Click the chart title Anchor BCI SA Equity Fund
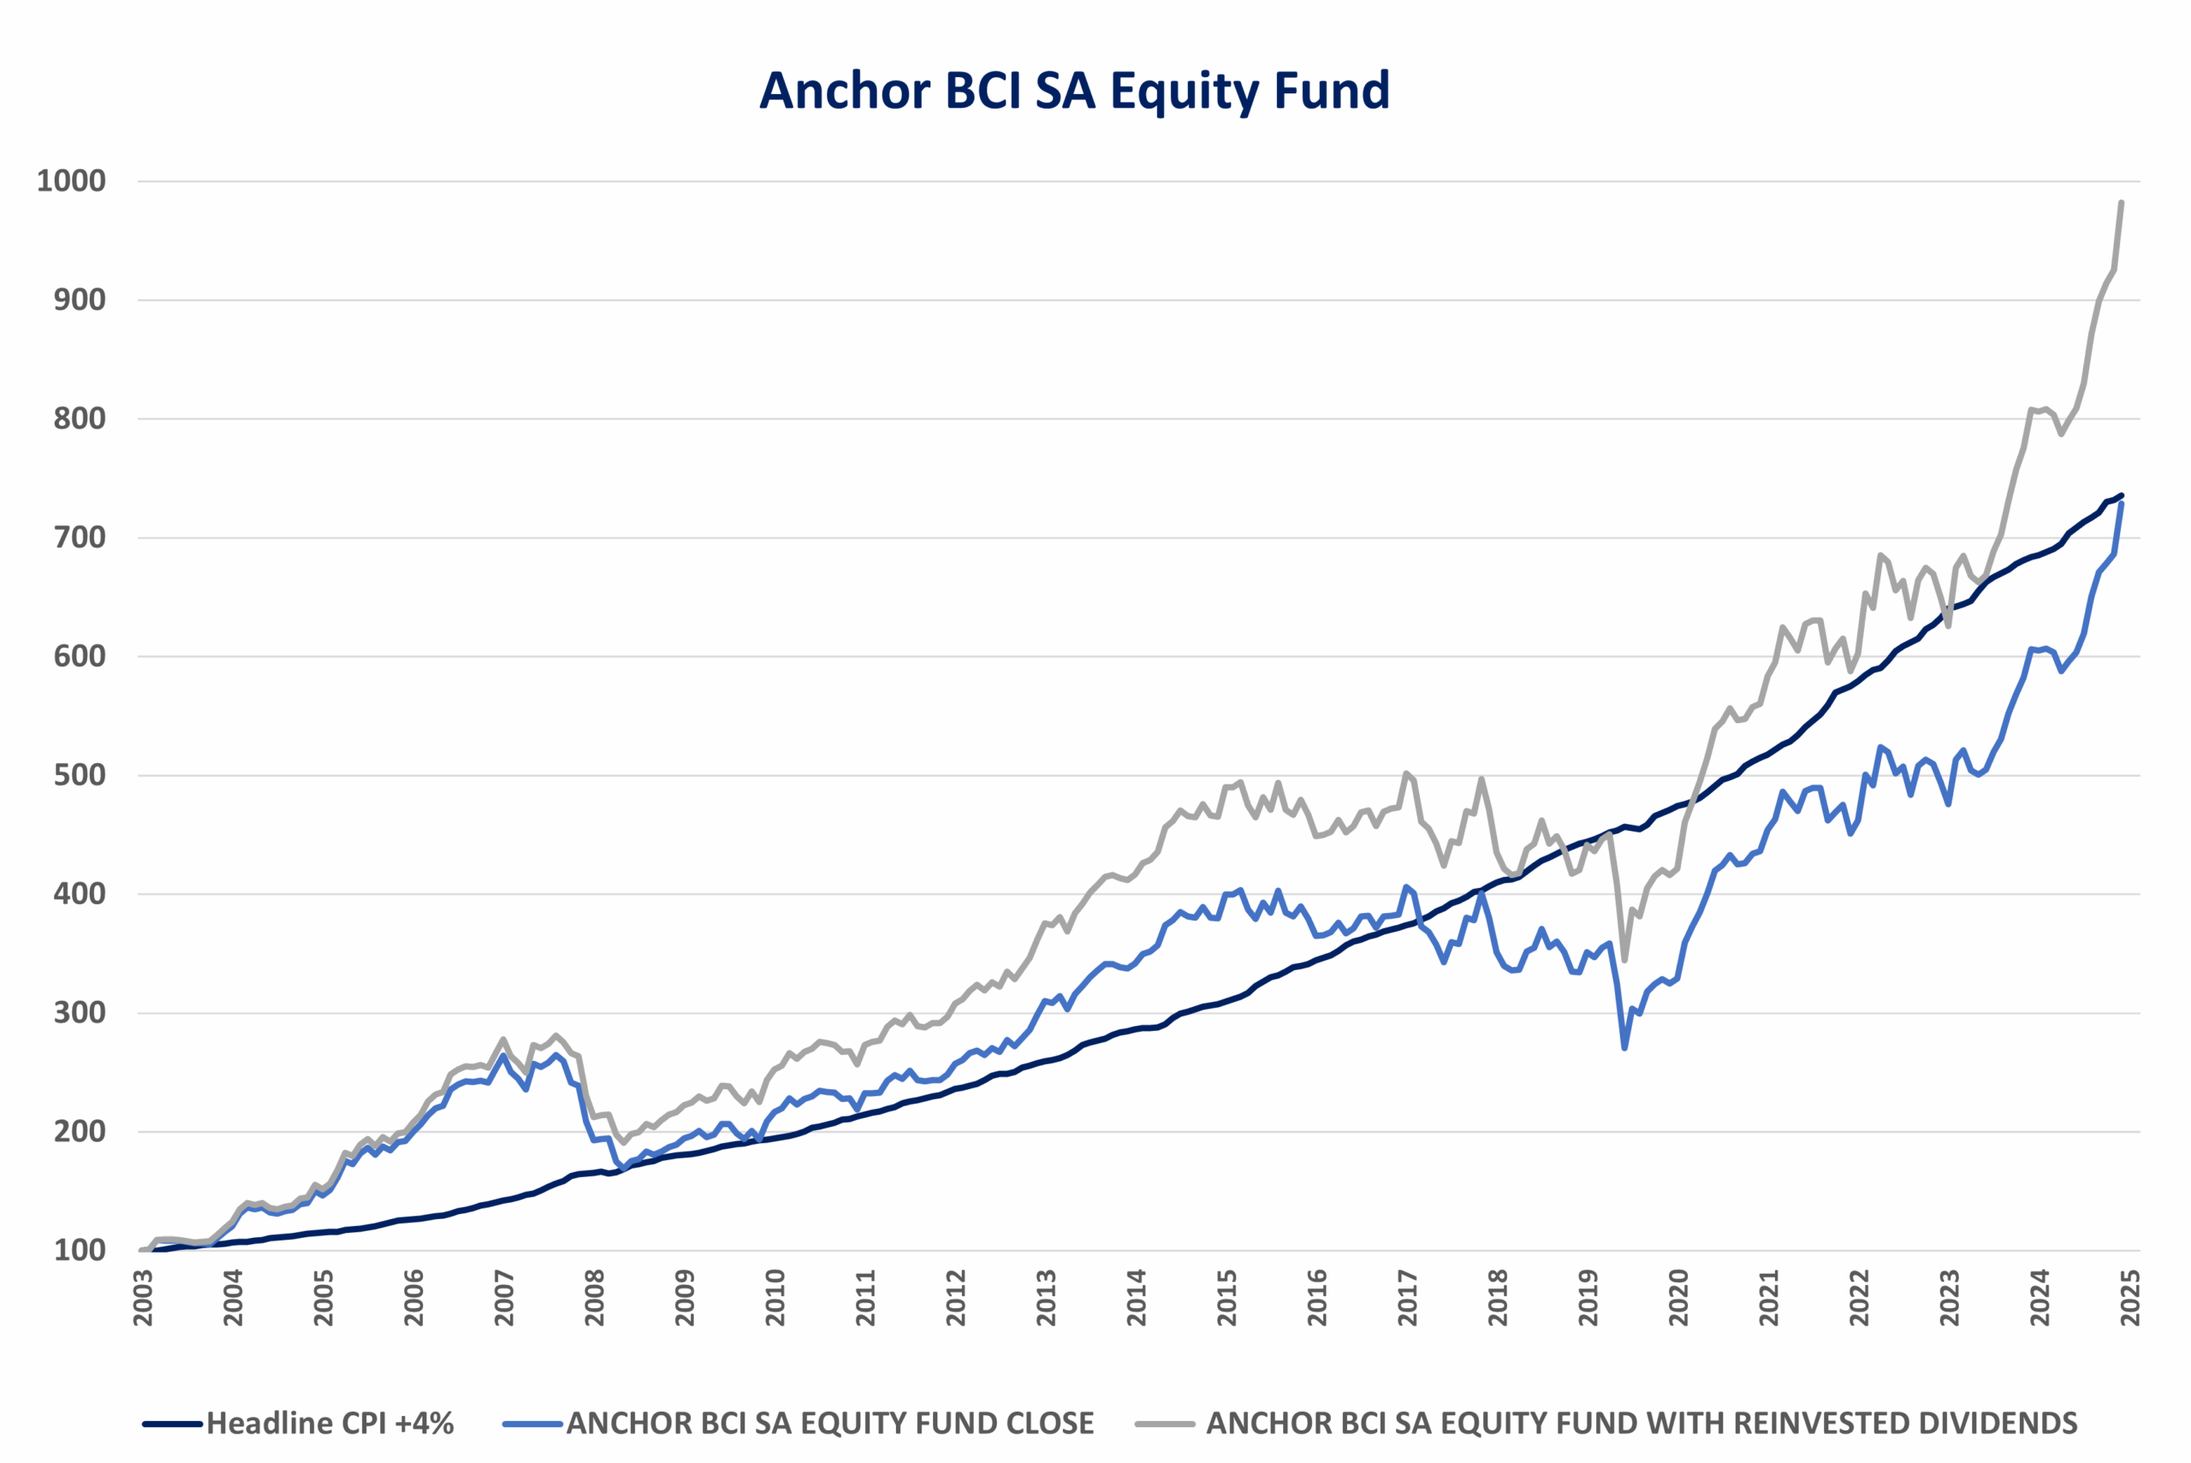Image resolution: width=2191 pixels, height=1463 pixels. pyautogui.click(x=1074, y=91)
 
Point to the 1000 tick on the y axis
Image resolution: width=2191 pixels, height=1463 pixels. pyautogui.click(x=71, y=181)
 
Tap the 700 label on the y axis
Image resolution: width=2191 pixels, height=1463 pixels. pyautogui.click(x=80, y=537)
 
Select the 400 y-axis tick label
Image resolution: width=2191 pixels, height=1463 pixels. pyautogui.click(x=80, y=894)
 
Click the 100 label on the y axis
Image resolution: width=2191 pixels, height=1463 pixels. pyautogui.click(x=80, y=1250)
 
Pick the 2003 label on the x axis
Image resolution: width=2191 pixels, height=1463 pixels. pyautogui.click(x=143, y=1298)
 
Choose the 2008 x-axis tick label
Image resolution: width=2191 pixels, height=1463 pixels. pyautogui.click(x=595, y=1298)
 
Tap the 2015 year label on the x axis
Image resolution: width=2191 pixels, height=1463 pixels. pyautogui.click(x=1227, y=1298)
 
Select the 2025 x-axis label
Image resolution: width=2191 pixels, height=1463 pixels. pyautogui.click(x=2130, y=1298)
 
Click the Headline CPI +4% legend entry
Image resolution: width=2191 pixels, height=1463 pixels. pyautogui.click(x=330, y=1423)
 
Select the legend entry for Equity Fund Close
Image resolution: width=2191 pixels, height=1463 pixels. pyautogui.click(x=829, y=1423)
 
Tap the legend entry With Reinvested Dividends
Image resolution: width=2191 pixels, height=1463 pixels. pyautogui.click(x=1642, y=1423)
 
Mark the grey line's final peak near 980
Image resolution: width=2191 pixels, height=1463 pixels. pyautogui.click(x=2122, y=203)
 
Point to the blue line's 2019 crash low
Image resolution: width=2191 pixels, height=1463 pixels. pyautogui.click(x=1624, y=1048)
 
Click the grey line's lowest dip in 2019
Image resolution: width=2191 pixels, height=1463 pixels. pyautogui.click(x=1624, y=960)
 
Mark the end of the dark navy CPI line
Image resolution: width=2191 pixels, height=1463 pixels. pyautogui.click(x=2122, y=495)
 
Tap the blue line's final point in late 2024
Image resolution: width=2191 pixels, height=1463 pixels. pyautogui.click(x=2122, y=504)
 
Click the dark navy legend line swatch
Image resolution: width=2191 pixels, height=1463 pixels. pyautogui.click(x=173, y=1424)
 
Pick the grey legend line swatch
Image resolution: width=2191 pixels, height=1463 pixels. pyautogui.click(x=1165, y=1424)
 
